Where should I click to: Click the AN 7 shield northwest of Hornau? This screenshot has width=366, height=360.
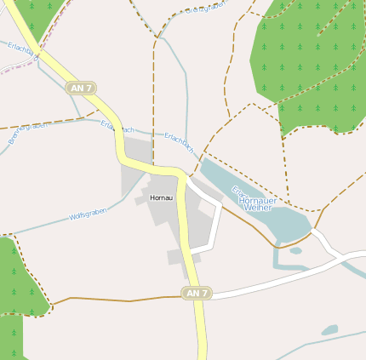click(82, 88)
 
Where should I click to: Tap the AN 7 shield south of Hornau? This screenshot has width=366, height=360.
click(196, 294)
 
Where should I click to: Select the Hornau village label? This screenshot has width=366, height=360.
click(160, 197)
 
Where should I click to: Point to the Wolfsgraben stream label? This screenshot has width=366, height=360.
click(88, 213)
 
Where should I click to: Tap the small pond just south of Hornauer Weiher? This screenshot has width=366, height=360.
click(295, 250)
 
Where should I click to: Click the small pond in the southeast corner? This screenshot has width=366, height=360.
click(329, 329)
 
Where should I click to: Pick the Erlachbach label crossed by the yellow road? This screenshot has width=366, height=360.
click(117, 128)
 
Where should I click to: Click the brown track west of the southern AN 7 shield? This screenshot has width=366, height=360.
click(119, 300)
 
